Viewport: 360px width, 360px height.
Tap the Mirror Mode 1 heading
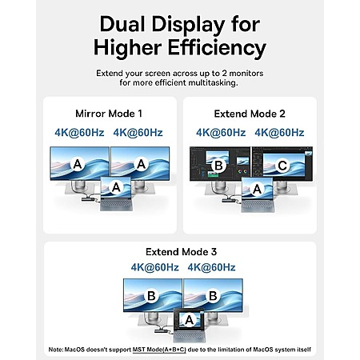pyautogui.click(x=109, y=114)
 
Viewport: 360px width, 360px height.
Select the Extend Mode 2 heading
pyautogui.click(x=250, y=114)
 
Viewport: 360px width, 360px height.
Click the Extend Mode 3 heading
pyautogui.click(x=181, y=252)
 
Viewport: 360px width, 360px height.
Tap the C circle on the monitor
pyautogui.click(x=282, y=166)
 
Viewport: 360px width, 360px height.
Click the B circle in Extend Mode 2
pyautogui.click(x=218, y=166)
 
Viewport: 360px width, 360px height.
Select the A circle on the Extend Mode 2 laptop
pyautogui.click(x=257, y=189)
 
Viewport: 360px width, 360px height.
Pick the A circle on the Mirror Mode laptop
pyautogui.click(x=116, y=187)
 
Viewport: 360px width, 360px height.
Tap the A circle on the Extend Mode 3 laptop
pyautogui.click(x=189, y=319)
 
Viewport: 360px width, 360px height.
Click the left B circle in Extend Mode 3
pyautogui.click(x=151, y=296)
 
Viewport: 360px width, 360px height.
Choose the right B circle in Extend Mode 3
pyautogui.click(x=213, y=296)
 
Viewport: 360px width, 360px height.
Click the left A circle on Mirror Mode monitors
pyautogui.click(x=78, y=164)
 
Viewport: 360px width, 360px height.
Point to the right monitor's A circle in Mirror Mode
pyautogui.click(x=141, y=164)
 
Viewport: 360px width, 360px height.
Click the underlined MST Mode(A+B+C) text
pyautogui.click(x=159, y=350)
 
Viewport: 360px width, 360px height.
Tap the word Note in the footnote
pyautogui.click(x=56, y=350)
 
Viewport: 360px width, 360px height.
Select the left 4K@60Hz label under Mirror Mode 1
pyautogui.click(x=79, y=133)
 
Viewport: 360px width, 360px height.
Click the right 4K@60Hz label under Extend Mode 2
pyautogui.click(x=279, y=133)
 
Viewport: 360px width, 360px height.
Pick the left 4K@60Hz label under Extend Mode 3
pyautogui.click(x=154, y=267)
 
